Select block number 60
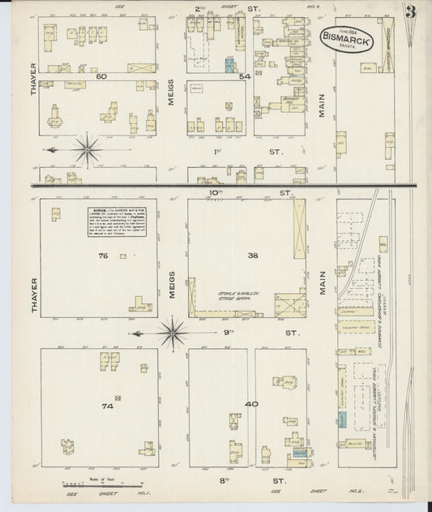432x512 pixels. click(x=101, y=76)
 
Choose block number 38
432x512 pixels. click(x=252, y=255)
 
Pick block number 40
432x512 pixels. click(x=252, y=403)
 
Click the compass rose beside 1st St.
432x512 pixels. click(x=87, y=150)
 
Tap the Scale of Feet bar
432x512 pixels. click(x=88, y=484)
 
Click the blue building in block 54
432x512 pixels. click(x=231, y=65)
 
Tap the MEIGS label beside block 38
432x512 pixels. click(x=173, y=285)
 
